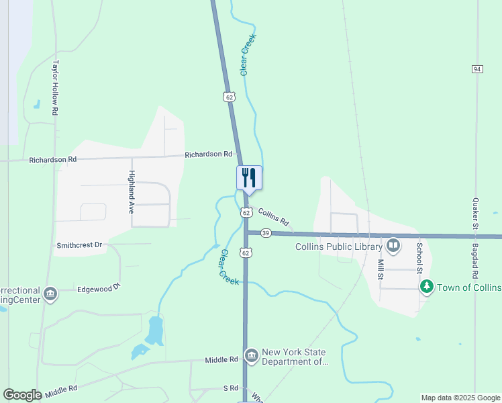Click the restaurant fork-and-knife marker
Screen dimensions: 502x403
(249, 178)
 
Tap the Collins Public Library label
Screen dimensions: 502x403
(338, 247)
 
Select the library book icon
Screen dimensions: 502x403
(393, 247)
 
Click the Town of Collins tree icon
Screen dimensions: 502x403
(426, 287)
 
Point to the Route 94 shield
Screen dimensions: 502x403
(477, 69)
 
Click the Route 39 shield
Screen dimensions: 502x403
(266, 233)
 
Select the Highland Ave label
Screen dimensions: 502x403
(132, 191)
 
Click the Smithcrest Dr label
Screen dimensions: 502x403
(79, 245)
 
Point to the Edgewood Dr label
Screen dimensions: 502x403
(98, 288)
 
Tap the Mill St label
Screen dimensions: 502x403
(380, 269)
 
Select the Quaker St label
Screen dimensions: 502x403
(474, 214)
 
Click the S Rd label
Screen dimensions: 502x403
(230, 388)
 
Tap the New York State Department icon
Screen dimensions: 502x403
(251, 355)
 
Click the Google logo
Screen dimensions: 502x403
(22, 395)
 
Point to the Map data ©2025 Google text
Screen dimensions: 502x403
(460, 398)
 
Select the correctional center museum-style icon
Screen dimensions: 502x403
(50, 294)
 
